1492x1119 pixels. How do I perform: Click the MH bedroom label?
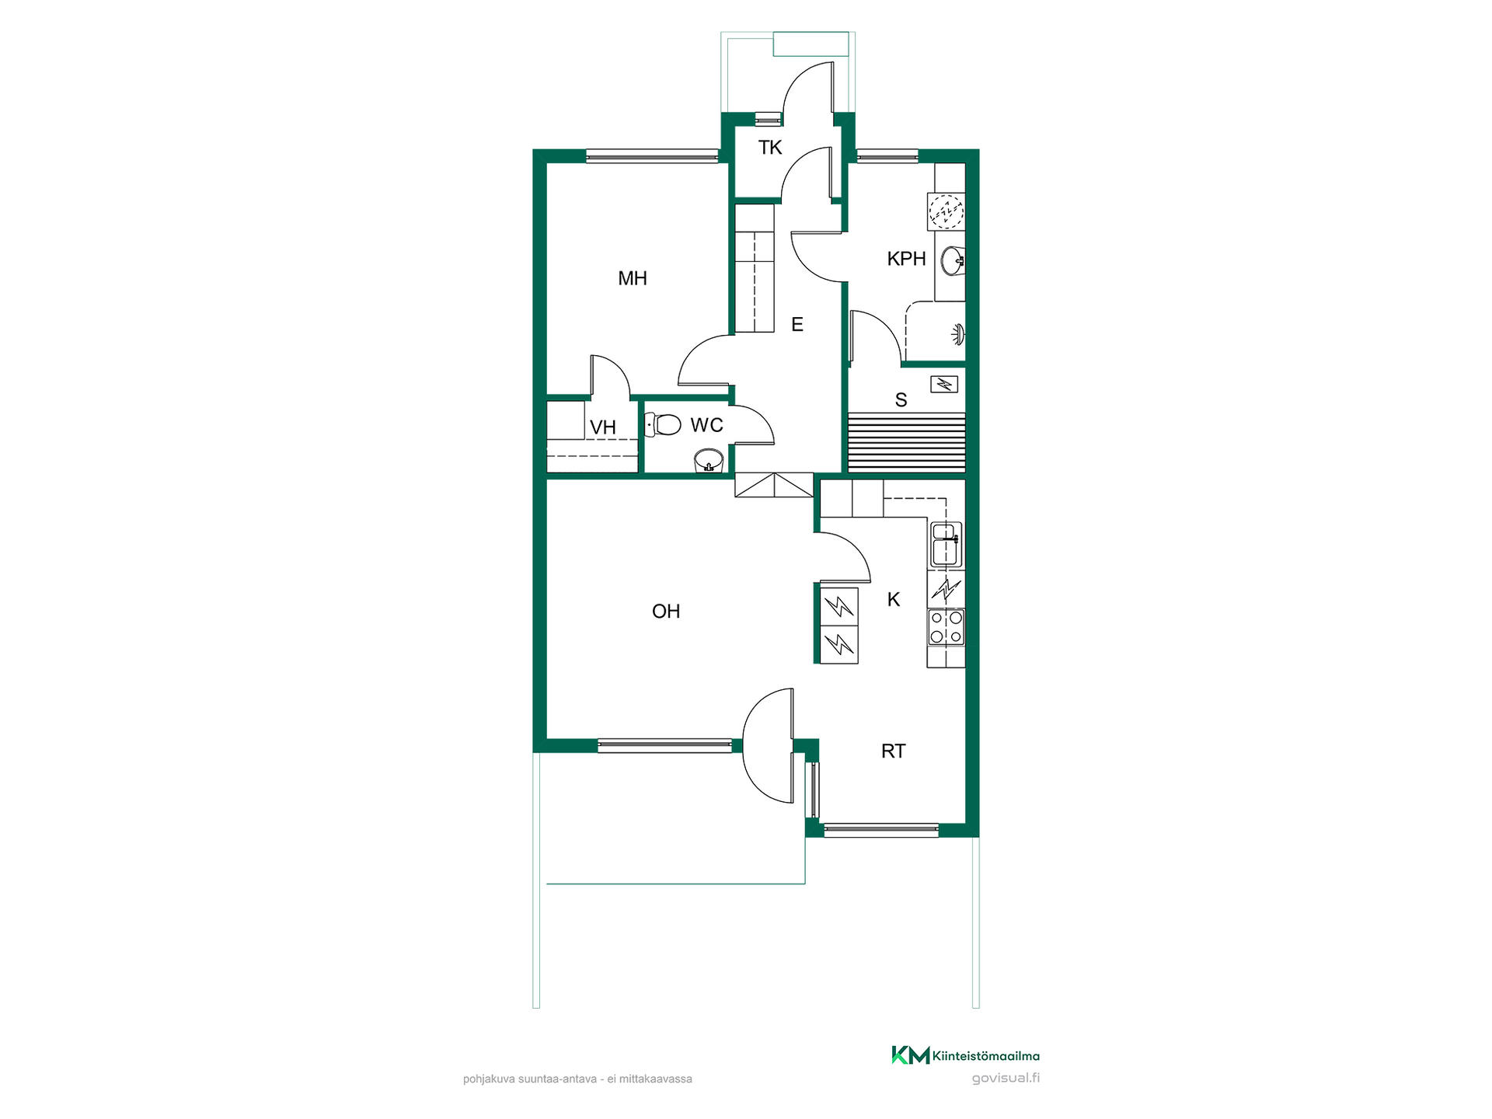pos(633,278)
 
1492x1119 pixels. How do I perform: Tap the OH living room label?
pos(666,612)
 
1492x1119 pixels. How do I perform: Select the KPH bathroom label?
pos(906,259)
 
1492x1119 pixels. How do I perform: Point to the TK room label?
pos(770,148)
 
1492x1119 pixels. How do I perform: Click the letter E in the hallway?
pos(797,325)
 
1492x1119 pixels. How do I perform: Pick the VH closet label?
pos(603,427)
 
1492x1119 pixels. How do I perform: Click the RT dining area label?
pos(894,751)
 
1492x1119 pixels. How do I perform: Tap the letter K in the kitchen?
pos(894,600)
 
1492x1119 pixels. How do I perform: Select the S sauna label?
pos(901,400)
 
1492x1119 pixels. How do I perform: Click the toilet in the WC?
pos(663,424)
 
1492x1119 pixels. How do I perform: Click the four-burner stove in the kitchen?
pos(946,627)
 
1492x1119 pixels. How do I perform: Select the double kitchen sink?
pos(946,545)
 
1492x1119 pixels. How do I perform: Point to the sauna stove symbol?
pos(944,384)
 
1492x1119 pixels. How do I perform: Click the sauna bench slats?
pos(907,442)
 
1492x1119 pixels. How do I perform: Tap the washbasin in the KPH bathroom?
pos(952,261)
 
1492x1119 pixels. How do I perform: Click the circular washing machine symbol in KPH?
pos(946,211)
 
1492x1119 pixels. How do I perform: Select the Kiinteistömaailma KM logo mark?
pos(911,1055)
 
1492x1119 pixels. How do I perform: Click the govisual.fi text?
pos(1006,1078)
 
